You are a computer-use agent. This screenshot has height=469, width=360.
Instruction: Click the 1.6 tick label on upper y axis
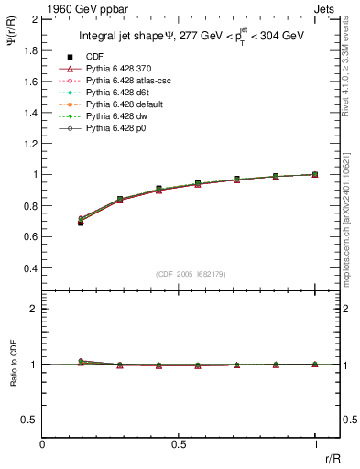30,81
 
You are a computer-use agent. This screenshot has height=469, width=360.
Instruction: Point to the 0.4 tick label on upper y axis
30,267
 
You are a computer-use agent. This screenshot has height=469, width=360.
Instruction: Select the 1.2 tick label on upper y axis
30,143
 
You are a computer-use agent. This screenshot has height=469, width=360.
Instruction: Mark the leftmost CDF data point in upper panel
81,223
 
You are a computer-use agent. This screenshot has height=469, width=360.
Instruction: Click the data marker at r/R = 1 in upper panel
315,174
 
